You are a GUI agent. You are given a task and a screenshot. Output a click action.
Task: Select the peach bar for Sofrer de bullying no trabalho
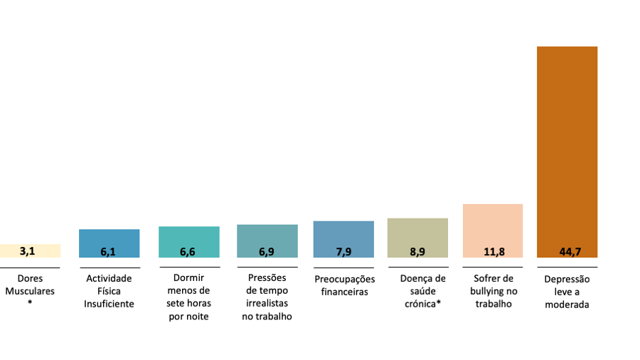click(x=493, y=224)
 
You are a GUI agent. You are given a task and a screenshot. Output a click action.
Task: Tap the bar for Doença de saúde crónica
click(x=417, y=232)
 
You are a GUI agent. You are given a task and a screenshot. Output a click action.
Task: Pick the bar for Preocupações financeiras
click(x=343, y=233)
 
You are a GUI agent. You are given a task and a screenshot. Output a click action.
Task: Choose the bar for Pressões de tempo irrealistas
click(x=267, y=235)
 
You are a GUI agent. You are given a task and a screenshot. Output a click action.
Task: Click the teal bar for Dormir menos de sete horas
click(x=188, y=236)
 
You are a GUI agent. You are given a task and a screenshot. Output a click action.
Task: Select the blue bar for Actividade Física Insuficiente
click(x=109, y=238)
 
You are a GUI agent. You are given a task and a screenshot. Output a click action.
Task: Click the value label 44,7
click(x=567, y=251)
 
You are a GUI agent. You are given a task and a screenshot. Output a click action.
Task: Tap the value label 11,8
click(x=493, y=251)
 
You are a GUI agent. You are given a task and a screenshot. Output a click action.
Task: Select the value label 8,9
click(x=417, y=251)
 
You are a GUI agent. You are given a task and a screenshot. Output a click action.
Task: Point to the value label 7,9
click(x=343, y=251)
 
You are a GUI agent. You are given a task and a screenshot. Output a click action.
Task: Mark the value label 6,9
click(x=267, y=251)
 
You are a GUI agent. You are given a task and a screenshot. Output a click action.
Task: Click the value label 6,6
click(x=188, y=251)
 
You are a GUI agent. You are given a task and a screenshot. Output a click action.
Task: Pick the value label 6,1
click(x=109, y=251)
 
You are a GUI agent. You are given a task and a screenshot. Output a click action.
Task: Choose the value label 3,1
click(x=27, y=251)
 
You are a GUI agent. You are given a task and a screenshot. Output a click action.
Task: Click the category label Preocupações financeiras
click(x=344, y=285)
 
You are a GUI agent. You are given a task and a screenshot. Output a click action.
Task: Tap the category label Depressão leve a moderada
click(x=567, y=292)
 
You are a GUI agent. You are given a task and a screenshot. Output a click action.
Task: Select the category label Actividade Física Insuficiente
click(x=109, y=291)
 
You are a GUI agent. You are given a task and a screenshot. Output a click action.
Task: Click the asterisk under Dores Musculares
click(x=30, y=303)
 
